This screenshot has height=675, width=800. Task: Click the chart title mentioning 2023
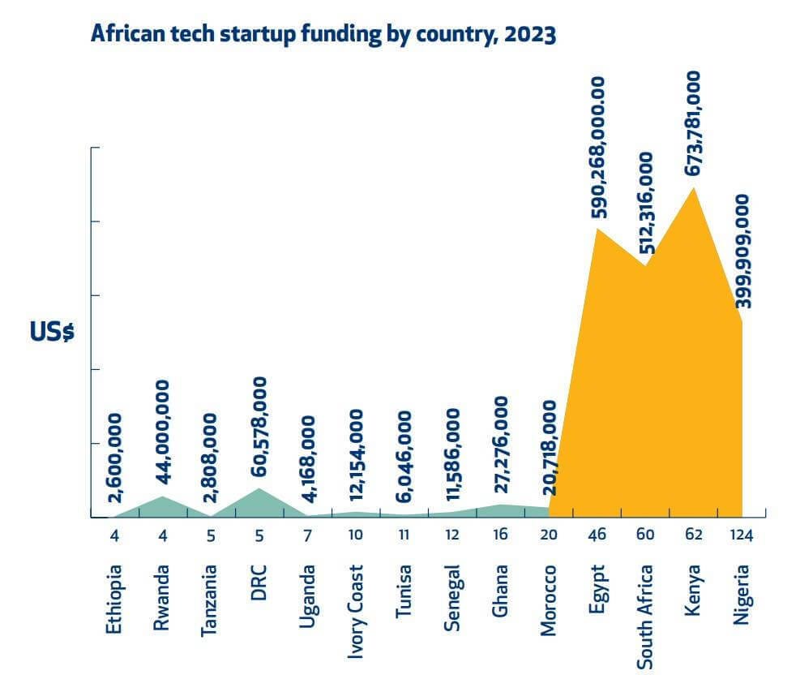(323, 36)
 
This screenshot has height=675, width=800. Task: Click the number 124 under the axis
(742, 535)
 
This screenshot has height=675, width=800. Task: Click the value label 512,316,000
(646, 204)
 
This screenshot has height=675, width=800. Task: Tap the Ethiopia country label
(114, 600)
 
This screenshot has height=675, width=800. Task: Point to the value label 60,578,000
(259, 431)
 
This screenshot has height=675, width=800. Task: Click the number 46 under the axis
(598, 535)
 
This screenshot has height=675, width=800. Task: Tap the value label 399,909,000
(742, 251)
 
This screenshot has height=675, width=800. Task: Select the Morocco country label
(550, 600)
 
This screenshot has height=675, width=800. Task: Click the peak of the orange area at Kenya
(693, 189)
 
